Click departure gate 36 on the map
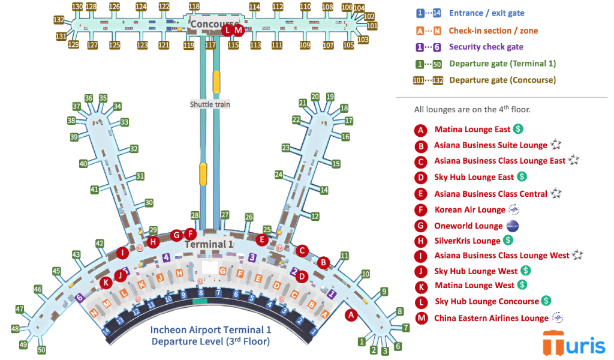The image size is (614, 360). (x=89, y=98)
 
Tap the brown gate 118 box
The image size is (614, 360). (x=194, y=7)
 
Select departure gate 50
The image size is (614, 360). (x=41, y=349)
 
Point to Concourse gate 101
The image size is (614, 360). (x=372, y=26)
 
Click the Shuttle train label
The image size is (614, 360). (x=210, y=104)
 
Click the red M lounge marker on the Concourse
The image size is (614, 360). (x=238, y=30)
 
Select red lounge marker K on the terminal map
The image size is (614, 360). (x=106, y=283)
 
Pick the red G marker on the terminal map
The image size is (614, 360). (x=176, y=235)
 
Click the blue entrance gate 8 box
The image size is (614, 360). (x=201, y=293)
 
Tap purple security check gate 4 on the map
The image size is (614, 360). (x=166, y=257)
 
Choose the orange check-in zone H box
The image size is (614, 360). (x=179, y=273)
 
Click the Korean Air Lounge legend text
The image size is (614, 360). (x=469, y=210)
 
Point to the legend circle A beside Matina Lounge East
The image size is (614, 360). (x=421, y=130)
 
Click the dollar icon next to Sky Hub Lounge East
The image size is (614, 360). (x=522, y=177)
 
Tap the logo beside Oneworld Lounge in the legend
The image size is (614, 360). (x=512, y=226)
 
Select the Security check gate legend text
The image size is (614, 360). (x=486, y=47)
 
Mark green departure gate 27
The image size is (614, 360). (x=225, y=215)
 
